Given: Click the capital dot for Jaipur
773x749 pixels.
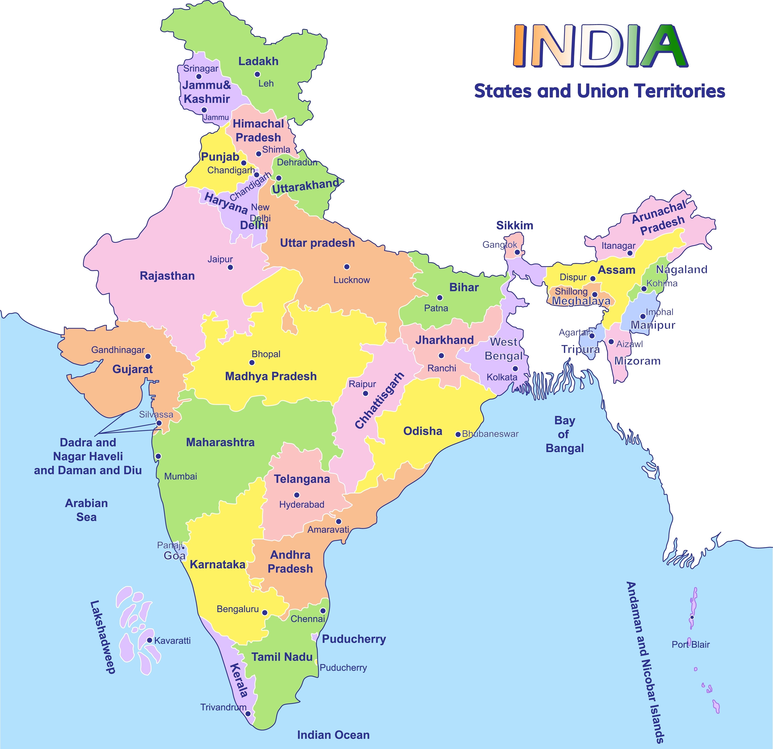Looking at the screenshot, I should [230, 267].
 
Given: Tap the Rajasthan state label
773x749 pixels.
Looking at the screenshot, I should [167, 276].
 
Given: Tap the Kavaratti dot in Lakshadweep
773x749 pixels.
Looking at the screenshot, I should [149, 640].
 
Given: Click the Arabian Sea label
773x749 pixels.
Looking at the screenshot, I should [86, 510].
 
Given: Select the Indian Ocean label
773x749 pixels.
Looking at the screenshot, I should [333, 735].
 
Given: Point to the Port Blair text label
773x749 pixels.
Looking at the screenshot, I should [691, 645].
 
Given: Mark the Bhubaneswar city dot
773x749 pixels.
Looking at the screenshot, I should [458, 434].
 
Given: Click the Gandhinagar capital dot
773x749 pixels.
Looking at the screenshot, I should [148, 356].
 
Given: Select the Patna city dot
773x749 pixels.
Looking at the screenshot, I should [440, 298].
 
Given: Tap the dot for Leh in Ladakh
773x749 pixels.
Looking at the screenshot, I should [257, 74].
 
